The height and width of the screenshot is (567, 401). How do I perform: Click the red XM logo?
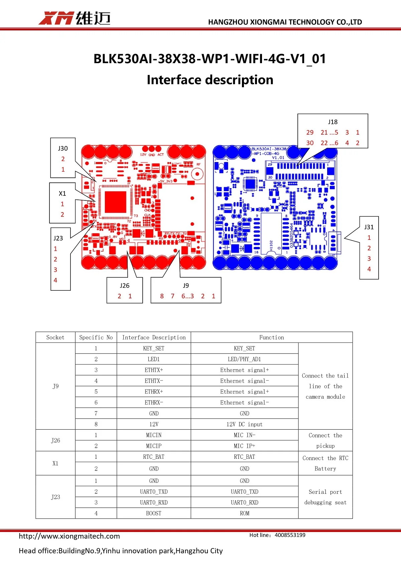click(x=56, y=18)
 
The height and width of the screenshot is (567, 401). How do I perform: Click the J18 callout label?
click(x=332, y=122)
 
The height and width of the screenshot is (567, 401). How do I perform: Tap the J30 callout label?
click(x=63, y=148)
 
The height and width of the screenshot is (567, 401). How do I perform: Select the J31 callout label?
click(x=369, y=227)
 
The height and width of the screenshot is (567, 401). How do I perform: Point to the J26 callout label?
click(x=125, y=286)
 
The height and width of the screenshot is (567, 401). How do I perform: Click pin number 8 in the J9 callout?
click(x=162, y=296)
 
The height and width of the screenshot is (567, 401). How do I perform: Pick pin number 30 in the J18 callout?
click(x=310, y=143)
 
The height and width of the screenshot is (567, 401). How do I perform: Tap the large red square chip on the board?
click(x=116, y=202)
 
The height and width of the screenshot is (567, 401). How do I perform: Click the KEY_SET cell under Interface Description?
click(x=154, y=348)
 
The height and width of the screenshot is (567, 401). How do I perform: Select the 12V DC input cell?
click(x=244, y=424)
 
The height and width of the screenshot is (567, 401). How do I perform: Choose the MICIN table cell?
click(x=154, y=435)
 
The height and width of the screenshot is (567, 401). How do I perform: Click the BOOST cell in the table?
click(x=154, y=513)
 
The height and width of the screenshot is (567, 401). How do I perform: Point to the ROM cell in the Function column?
click(x=244, y=513)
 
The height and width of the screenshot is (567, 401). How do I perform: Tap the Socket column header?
click(x=55, y=337)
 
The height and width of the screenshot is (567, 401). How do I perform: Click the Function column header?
click(x=271, y=337)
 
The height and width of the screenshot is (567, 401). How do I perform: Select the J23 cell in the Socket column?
click(x=55, y=497)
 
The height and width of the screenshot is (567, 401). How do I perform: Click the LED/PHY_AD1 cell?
click(x=244, y=359)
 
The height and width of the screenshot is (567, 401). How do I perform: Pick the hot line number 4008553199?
click(x=290, y=535)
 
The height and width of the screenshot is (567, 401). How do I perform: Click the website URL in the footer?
click(x=69, y=536)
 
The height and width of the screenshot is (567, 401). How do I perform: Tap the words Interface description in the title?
click(x=210, y=80)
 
